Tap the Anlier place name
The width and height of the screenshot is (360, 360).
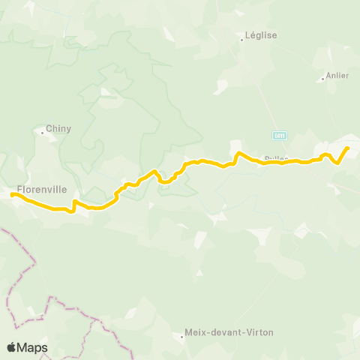337,76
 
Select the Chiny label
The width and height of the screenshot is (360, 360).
58,128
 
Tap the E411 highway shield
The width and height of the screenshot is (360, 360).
279,134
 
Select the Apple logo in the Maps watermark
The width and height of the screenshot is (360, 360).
13,347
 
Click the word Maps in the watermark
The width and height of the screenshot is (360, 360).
33,347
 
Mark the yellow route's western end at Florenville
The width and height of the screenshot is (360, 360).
13,195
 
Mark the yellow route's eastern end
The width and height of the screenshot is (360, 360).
348,148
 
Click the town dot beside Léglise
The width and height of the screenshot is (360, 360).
241,40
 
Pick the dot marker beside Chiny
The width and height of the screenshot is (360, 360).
42,133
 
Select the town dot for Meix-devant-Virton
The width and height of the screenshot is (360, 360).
183,337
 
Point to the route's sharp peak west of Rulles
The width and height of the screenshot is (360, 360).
238,153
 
